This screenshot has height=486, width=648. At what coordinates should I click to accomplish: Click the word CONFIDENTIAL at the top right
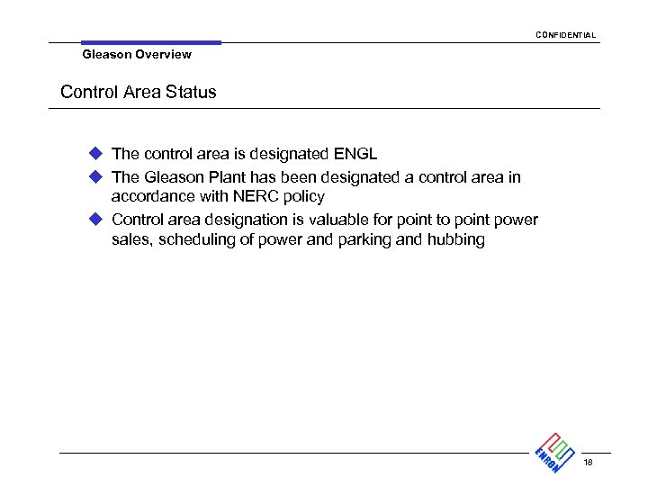pyautogui.click(x=565, y=35)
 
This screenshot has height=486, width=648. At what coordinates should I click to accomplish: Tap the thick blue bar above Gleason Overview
pyautogui.click(x=150, y=42)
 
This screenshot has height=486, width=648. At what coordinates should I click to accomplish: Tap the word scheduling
pyautogui.click(x=197, y=239)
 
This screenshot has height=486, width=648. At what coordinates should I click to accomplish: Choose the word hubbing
pyautogui.click(x=455, y=239)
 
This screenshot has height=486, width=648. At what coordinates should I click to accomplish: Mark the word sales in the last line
pyautogui.click(x=131, y=239)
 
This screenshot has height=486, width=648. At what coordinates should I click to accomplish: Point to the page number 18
pyautogui.click(x=588, y=463)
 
